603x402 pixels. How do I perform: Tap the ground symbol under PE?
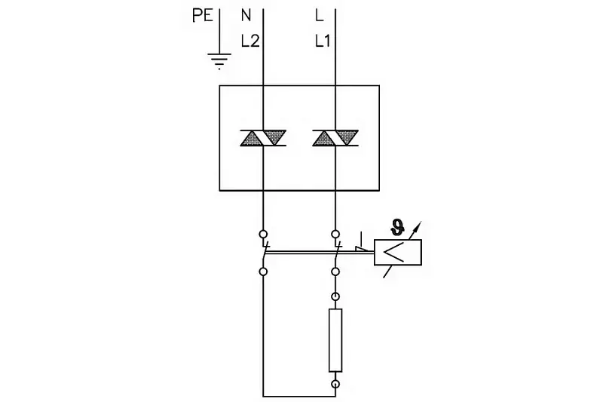(x=219, y=61)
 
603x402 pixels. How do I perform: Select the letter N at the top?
(x=246, y=14)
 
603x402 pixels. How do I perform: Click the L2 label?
(x=249, y=42)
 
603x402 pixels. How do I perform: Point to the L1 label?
(x=323, y=42)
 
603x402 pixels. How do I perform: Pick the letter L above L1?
(x=319, y=14)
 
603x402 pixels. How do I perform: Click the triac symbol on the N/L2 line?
(x=263, y=137)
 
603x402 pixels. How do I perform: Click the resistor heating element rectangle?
(x=335, y=339)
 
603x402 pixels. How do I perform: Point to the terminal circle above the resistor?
(x=335, y=296)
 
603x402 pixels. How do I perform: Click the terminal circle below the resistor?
(x=335, y=384)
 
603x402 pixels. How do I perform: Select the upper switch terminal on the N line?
(x=263, y=234)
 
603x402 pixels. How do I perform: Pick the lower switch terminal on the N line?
(x=263, y=270)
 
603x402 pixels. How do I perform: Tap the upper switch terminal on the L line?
(x=335, y=234)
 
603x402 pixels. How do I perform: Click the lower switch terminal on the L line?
(x=335, y=270)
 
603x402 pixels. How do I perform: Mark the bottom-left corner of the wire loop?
(x=263, y=394)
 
